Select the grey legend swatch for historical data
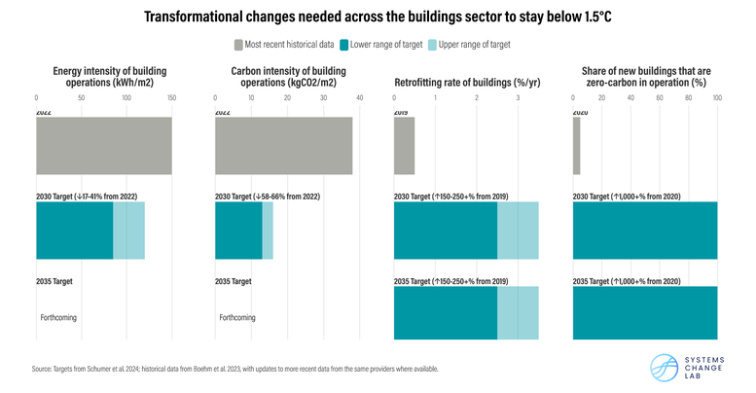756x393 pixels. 238,44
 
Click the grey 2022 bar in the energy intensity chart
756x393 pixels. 103,146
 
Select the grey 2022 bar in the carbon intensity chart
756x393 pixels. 283,146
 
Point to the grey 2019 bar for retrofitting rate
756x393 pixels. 404,146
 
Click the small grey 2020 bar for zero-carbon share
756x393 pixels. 576,146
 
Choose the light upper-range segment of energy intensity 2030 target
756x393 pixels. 128,231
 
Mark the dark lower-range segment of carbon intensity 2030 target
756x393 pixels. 238,231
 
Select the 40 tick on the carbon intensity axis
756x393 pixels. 359,97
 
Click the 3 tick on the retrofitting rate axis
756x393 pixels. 518,97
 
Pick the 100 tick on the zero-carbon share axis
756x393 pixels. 717,97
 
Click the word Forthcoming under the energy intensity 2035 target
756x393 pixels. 57,317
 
